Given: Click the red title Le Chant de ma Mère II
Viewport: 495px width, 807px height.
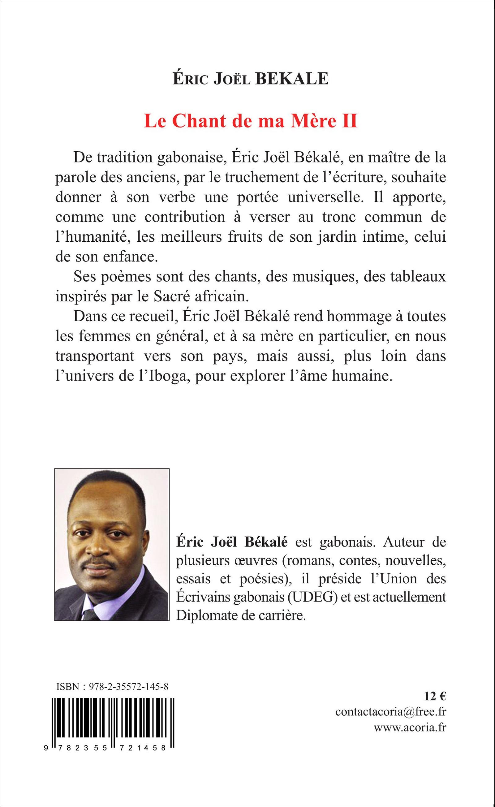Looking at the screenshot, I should coord(251,121).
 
